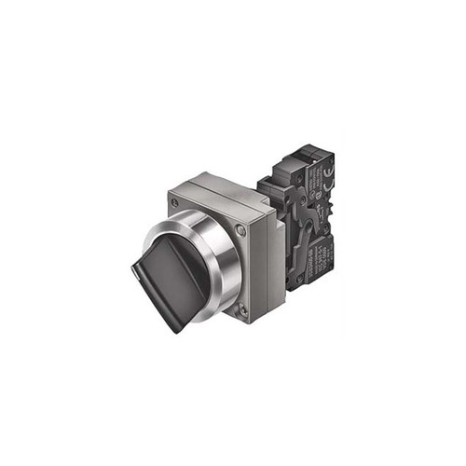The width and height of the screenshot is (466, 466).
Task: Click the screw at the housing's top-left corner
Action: pyautogui.click(x=174, y=199)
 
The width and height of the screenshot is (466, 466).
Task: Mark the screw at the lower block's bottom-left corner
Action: pyautogui.click(x=296, y=281)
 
